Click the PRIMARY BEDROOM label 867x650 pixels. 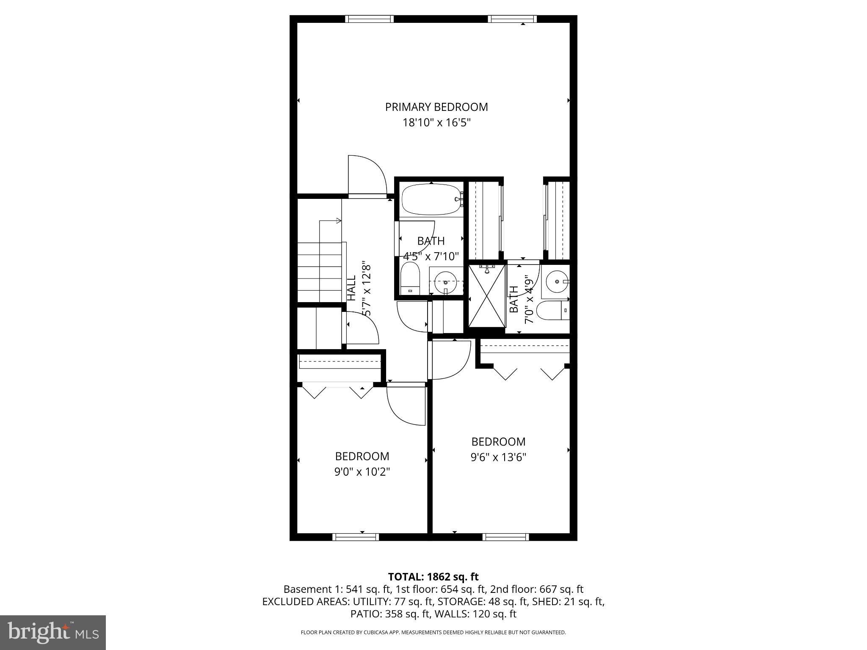click(436, 107)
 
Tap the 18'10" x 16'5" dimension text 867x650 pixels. click(436, 123)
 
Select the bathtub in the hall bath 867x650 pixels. click(431, 199)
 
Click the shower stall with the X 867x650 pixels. click(487, 295)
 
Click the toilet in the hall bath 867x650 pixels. click(409, 278)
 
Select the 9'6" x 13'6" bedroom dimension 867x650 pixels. click(498, 457)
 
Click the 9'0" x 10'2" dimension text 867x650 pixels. click(362, 471)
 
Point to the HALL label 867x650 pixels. click(351, 288)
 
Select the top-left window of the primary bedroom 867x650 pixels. click(369, 19)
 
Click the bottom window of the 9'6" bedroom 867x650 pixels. click(506, 537)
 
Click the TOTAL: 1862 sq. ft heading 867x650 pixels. click(433, 576)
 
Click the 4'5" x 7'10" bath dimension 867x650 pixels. click(431, 256)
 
